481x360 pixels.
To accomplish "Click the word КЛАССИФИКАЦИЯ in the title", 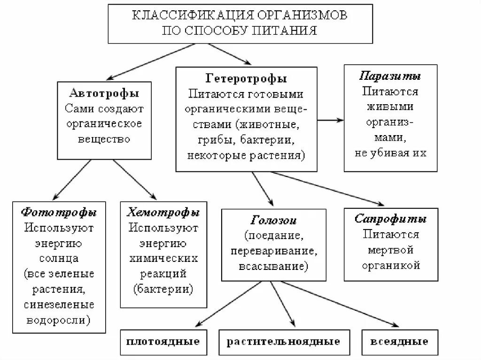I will pyautogui.click(x=188, y=15).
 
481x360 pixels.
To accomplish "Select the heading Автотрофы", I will pyautogui.click(x=104, y=93).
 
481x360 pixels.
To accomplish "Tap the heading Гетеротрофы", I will pyautogui.click(x=246, y=78).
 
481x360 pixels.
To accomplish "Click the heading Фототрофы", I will pyautogui.click(x=59, y=212).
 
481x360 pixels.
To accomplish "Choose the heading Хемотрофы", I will pyautogui.click(x=163, y=212).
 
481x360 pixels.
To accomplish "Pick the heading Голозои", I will pyautogui.click(x=273, y=221).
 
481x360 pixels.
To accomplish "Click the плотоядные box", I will pyautogui.click(x=163, y=341).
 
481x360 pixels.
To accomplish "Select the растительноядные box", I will pyautogui.click(x=283, y=341).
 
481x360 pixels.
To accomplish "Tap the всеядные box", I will pyautogui.click(x=399, y=341).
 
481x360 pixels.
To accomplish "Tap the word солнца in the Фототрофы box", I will pyautogui.click(x=59, y=258).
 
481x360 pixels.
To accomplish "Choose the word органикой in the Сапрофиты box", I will pyautogui.click(x=390, y=265).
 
